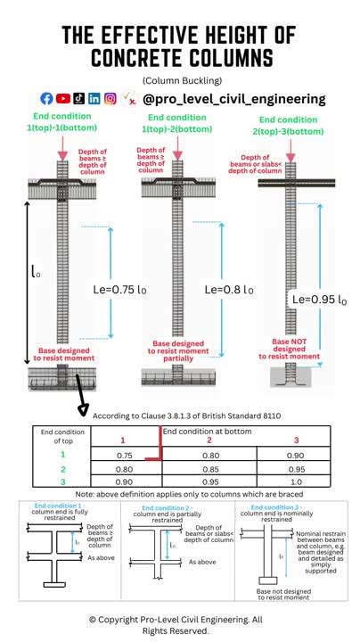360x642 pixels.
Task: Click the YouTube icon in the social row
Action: pos(63,99)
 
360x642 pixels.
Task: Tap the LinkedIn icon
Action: pos(94,99)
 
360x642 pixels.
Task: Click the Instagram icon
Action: pos(110,99)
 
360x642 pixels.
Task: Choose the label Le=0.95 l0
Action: pos(315,300)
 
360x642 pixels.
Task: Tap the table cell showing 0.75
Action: pos(125,454)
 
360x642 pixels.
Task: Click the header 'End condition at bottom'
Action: pos(207,431)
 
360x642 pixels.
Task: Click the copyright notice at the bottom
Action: pos(179,624)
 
